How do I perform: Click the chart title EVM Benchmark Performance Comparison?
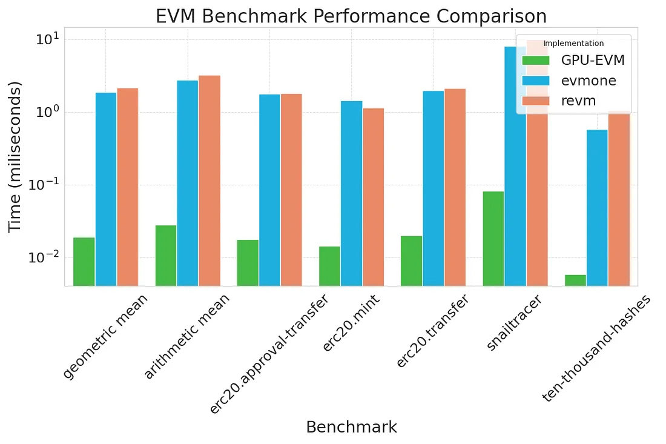[351, 16]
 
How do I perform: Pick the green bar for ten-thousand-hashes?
[575, 280]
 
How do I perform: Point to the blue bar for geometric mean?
[106, 188]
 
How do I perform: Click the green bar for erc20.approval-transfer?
[248, 262]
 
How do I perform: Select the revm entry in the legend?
[578, 101]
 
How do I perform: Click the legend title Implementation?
[573, 44]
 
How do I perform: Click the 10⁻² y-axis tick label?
[44, 257]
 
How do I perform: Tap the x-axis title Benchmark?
[351, 427]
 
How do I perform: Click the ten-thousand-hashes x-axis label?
[596, 348]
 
